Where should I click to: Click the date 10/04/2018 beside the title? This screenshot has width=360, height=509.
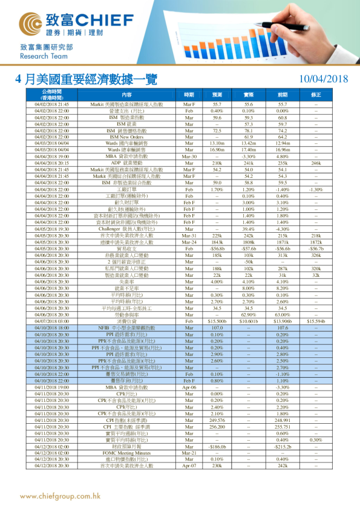click(324, 79)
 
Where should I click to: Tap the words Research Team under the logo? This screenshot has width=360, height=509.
click(40, 56)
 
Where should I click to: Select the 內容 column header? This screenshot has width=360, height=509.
click(126, 95)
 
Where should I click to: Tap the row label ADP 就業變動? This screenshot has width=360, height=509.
click(126, 163)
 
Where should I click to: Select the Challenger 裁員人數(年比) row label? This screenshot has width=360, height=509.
click(126, 229)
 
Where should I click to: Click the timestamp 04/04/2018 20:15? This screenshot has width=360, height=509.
click(52, 163)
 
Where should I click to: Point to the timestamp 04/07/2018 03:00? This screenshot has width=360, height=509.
click(52, 321)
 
